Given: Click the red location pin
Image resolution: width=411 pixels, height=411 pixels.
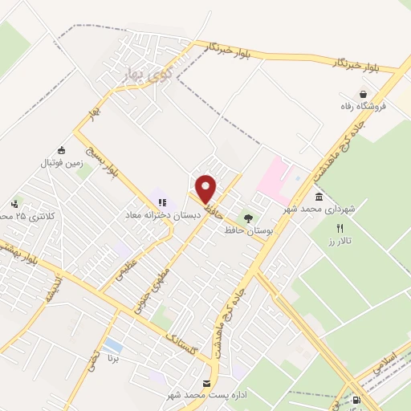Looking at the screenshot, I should pos(206,189).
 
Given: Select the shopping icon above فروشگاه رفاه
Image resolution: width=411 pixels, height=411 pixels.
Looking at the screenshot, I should pos(364,94).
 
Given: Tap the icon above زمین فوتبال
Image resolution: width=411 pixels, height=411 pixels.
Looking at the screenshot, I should pos(61,149).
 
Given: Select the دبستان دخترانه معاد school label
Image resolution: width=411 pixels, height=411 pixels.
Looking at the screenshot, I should pos(157,215).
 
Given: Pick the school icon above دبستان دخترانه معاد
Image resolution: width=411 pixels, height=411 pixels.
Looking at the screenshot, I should pos(161,202).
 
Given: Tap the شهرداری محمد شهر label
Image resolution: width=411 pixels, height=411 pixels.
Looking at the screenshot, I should pos(319,209).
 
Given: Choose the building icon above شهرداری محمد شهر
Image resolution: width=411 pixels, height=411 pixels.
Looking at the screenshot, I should pos(319,197).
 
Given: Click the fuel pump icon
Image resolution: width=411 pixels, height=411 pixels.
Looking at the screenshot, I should pos(356,399).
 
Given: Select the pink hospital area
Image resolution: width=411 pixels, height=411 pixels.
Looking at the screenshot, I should pos(275,177).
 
